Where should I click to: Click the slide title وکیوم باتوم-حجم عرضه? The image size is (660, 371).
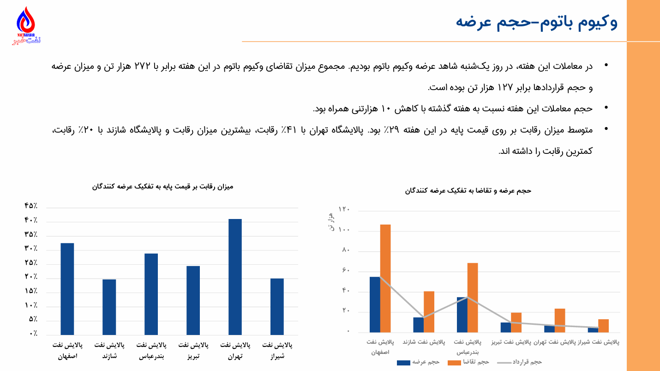[536, 22]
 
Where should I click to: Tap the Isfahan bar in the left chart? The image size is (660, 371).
[67, 288]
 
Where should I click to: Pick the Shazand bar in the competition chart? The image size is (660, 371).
[109, 307]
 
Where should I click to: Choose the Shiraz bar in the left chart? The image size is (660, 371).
[277, 306]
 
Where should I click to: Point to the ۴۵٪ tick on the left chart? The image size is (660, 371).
[31, 206]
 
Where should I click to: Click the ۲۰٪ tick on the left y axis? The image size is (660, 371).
[31, 277]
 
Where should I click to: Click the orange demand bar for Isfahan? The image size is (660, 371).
[385, 278]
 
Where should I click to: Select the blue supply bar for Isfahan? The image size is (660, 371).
[375, 304]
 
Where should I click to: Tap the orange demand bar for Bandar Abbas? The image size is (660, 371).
[473, 297]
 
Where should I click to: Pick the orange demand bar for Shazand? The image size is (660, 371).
[429, 311]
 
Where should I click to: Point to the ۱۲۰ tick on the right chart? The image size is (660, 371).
[344, 210]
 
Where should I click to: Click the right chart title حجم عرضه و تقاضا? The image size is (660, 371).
[468, 190]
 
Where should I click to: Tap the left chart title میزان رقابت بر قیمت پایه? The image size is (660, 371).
[162, 187]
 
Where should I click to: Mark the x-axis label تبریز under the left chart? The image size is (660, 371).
[193, 357]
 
